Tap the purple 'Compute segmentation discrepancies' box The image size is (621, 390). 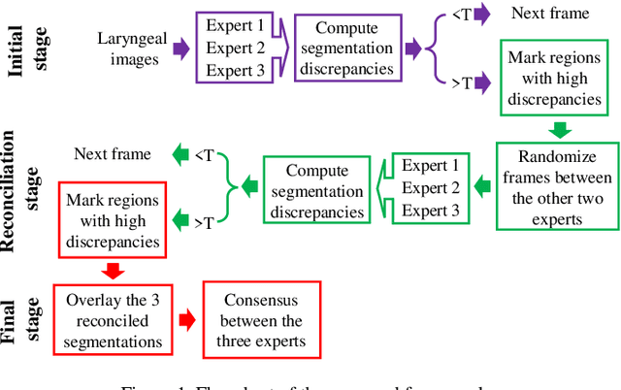346,47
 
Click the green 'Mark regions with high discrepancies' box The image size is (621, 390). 555,77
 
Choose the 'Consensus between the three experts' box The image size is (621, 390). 262,320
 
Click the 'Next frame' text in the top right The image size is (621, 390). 536,14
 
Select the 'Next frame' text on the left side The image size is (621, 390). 113,154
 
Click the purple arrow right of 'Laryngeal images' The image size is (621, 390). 181,49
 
